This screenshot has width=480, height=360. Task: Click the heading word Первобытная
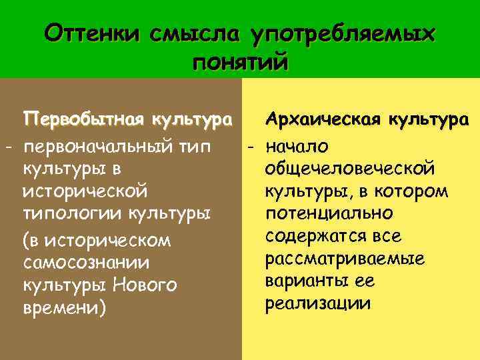point(85,120)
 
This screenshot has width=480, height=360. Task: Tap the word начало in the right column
point(301,145)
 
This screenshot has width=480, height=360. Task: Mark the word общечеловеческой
point(350,168)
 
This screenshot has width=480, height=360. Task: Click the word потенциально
point(329,214)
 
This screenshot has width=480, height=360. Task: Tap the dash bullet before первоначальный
point(9,146)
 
